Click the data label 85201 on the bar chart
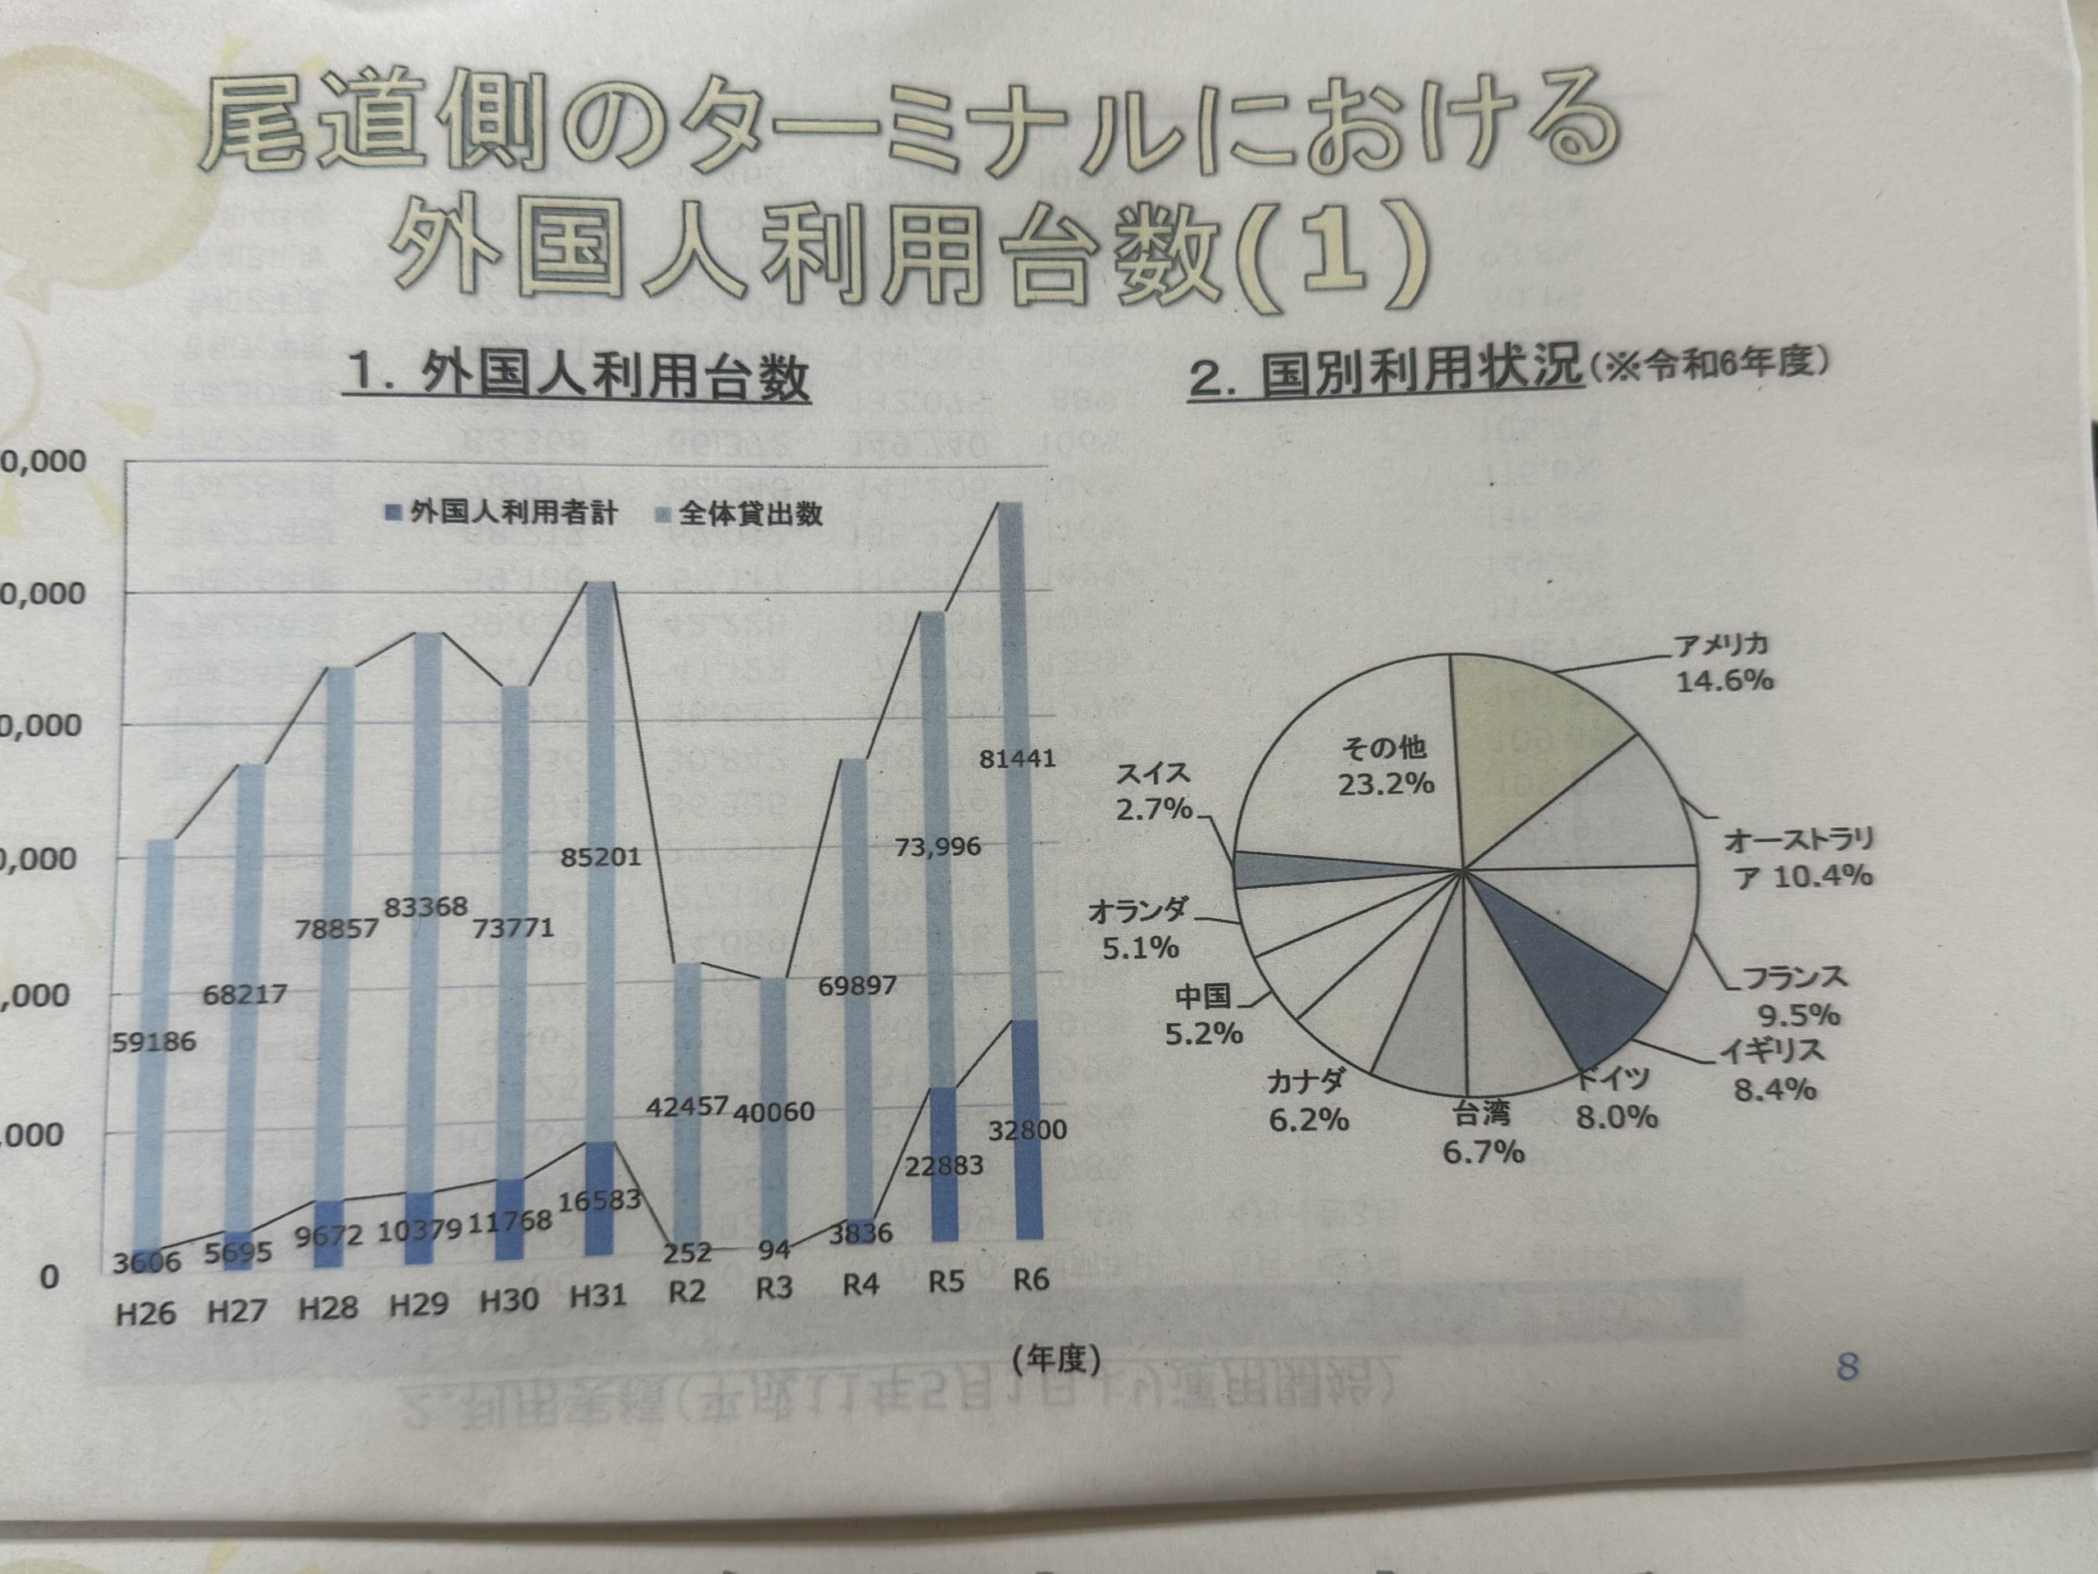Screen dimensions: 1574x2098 601,858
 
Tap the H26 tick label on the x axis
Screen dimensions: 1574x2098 146,1314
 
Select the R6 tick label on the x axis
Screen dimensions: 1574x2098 1031,1281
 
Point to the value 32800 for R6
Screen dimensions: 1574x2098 1027,1130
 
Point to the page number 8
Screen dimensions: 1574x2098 1846,1367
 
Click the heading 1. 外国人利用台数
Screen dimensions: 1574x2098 579,376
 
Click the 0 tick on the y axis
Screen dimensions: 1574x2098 49,1277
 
